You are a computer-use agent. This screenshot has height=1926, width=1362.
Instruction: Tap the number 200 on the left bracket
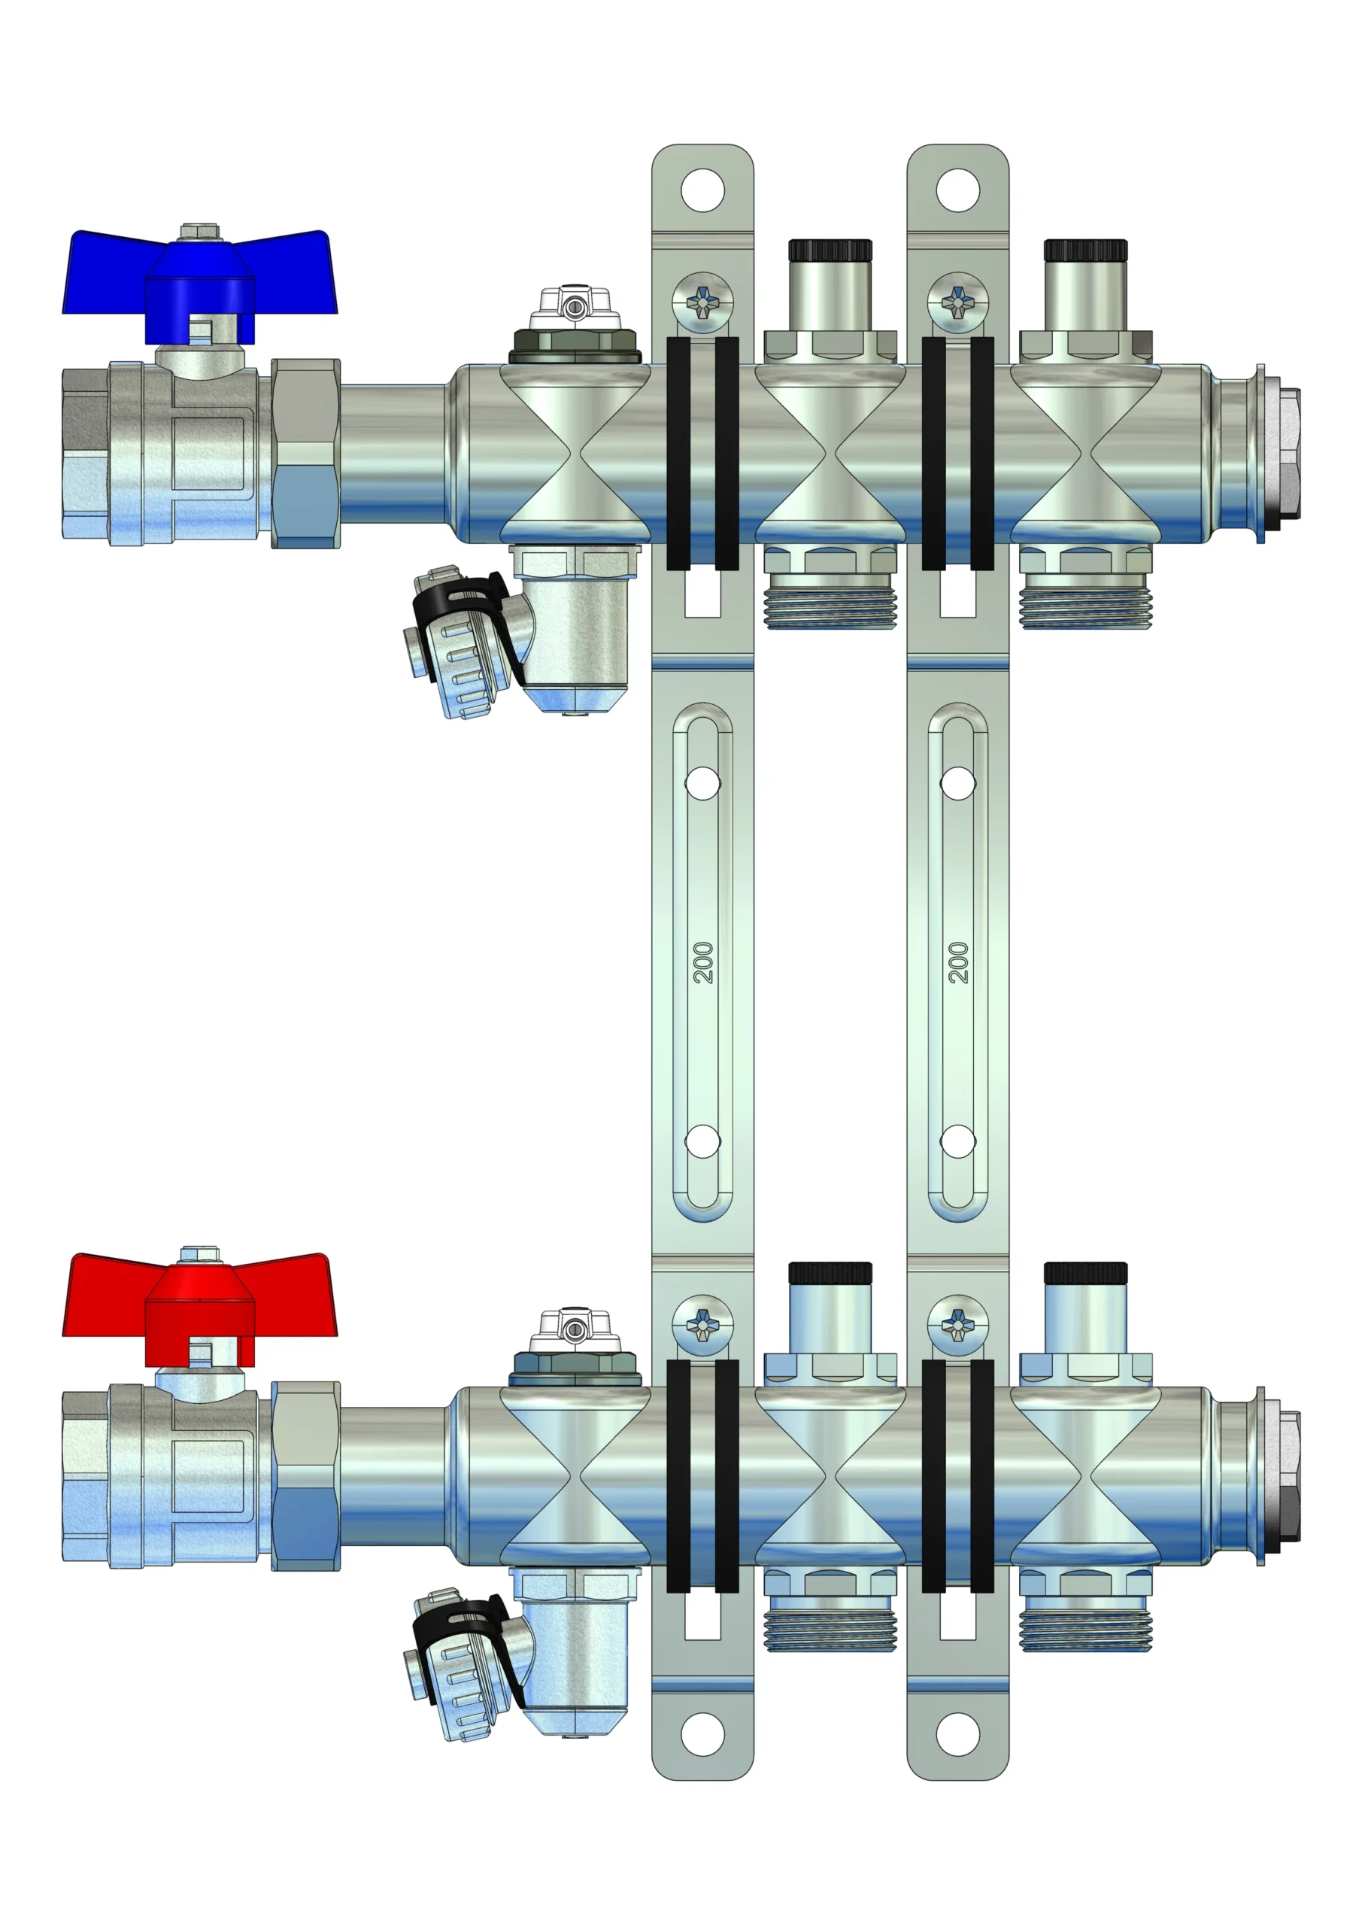point(702,962)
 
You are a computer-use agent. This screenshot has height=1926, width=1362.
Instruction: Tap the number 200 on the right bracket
point(957,962)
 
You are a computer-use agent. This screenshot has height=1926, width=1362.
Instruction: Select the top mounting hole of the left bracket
point(702,190)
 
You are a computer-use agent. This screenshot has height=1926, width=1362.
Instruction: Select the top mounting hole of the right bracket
point(957,190)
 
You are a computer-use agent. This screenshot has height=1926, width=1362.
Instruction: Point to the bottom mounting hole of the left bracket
point(702,1735)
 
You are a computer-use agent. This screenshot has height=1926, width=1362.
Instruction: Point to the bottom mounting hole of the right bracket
point(957,1735)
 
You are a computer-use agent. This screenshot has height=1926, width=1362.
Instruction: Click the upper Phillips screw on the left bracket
point(702,302)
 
